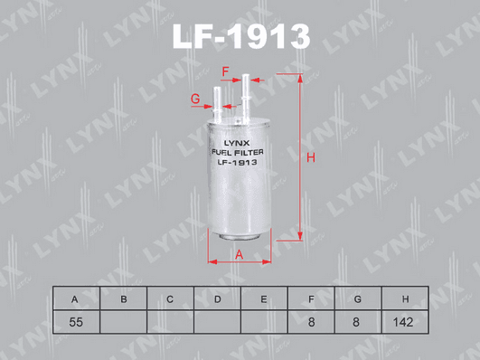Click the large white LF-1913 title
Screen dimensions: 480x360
pyautogui.click(x=241, y=36)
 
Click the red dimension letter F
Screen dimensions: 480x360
pyautogui.click(x=225, y=72)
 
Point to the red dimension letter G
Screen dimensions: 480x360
pyautogui.click(x=195, y=99)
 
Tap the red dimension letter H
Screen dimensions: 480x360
pyautogui.click(x=311, y=157)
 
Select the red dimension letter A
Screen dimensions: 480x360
pyautogui.click(x=239, y=254)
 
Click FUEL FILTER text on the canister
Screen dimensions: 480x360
pyautogui.click(x=238, y=152)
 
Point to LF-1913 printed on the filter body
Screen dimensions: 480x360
pyautogui.click(x=237, y=162)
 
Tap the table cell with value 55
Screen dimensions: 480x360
pyautogui.click(x=76, y=322)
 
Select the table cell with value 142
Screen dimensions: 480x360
pyautogui.click(x=405, y=322)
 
